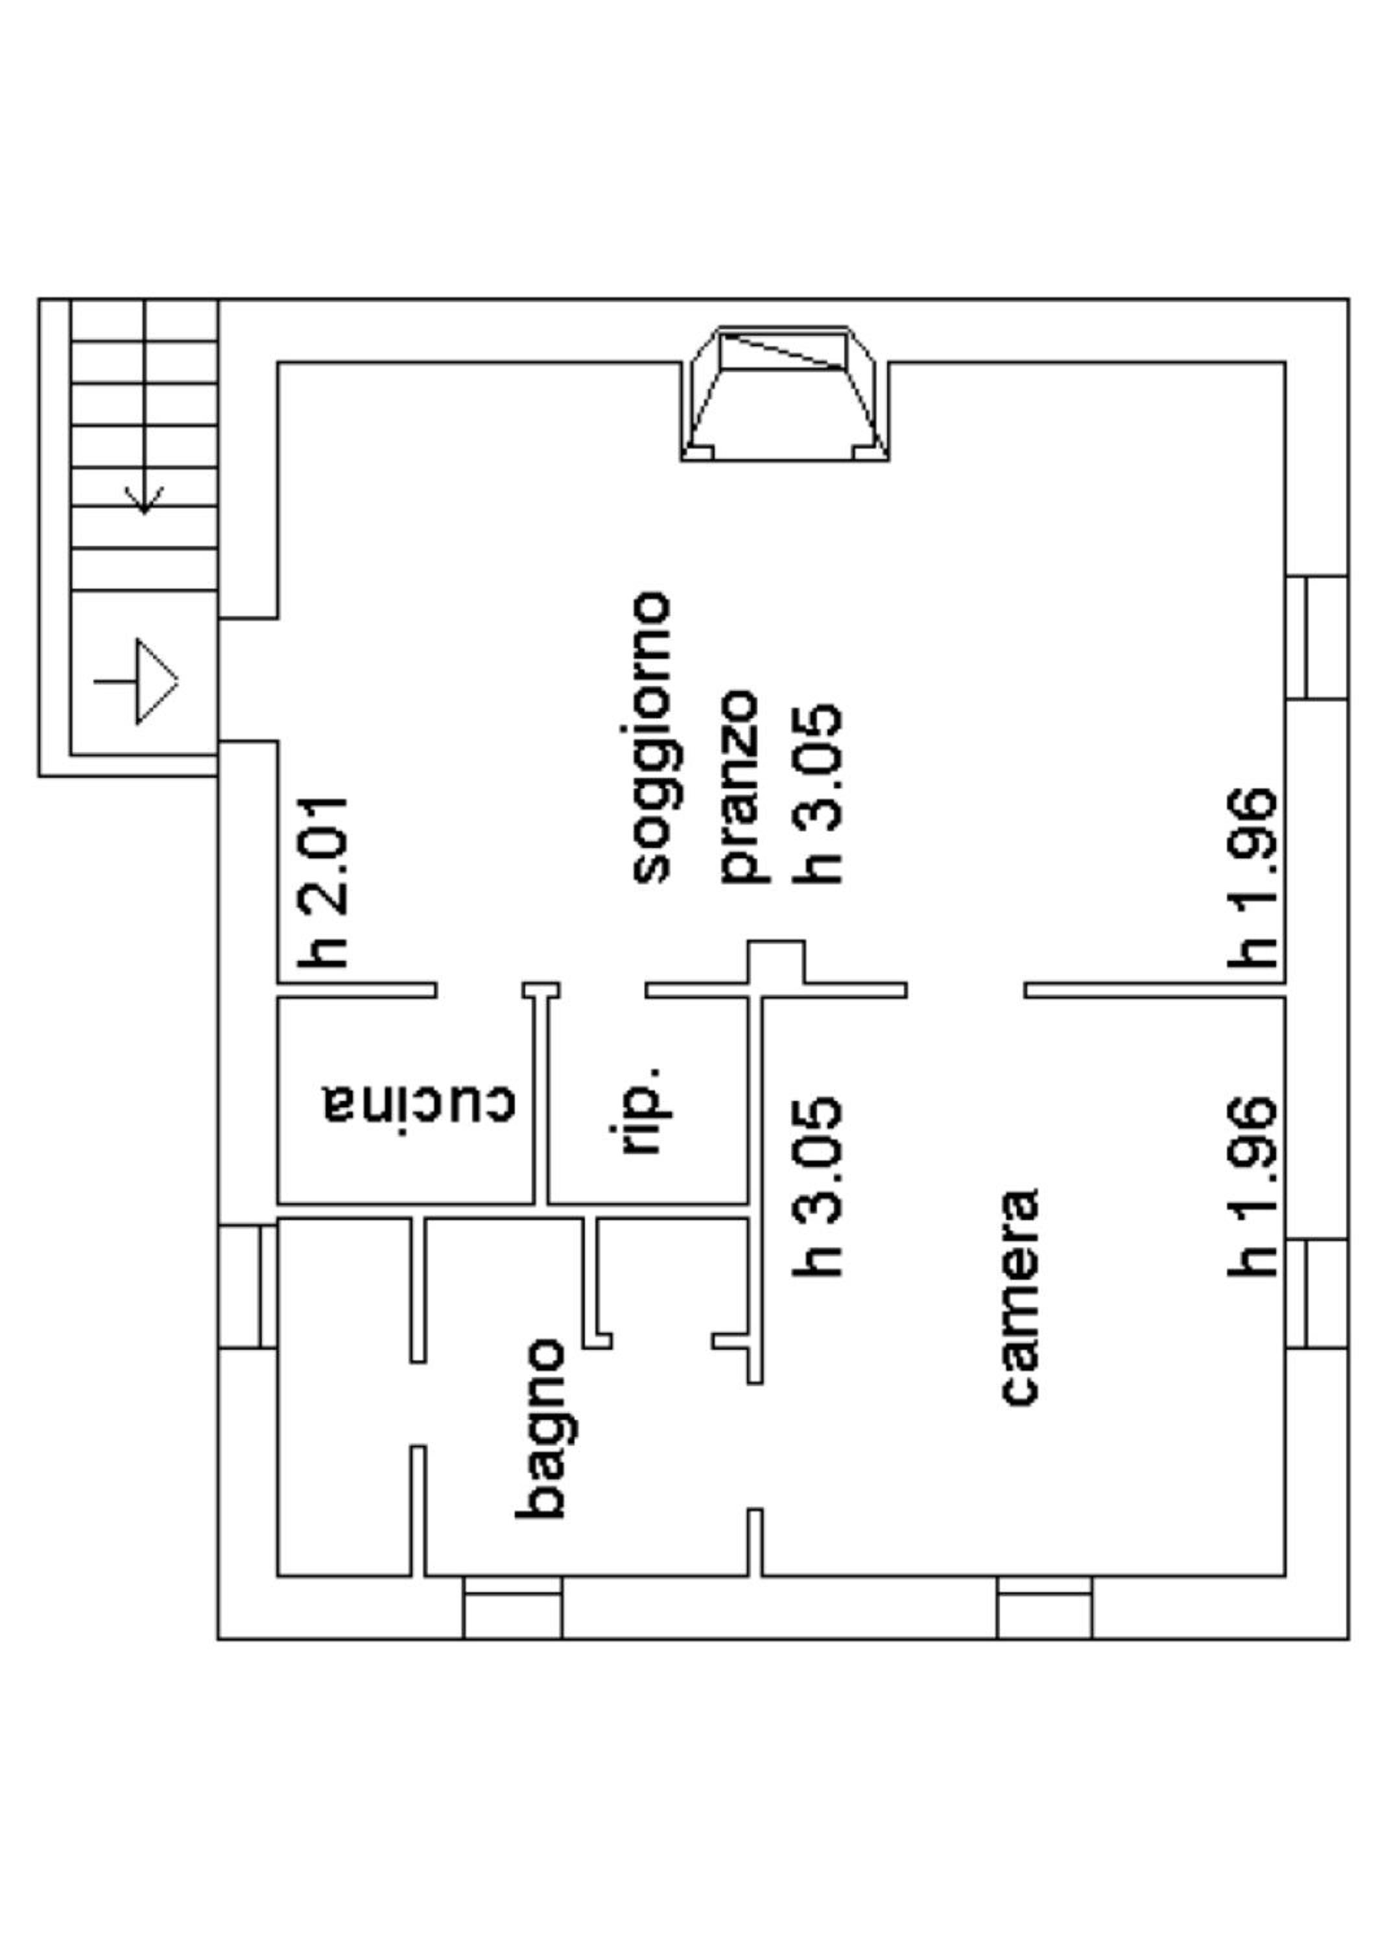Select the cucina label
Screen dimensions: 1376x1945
pyautogui.click(x=418, y=1102)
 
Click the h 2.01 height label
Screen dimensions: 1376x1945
pyautogui.click(x=323, y=882)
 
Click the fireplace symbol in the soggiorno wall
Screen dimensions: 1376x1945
pyautogui.click(x=785, y=393)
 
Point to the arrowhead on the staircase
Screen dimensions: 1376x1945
pyautogui.click(x=144, y=500)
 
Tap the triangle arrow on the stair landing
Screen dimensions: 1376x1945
pyautogui.click(x=157, y=682)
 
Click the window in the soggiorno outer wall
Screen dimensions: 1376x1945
pyautogui.click(x=1318, y=637)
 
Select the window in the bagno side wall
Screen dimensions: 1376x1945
pyautogui.click(x=248, y=1286)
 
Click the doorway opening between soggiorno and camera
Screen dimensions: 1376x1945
pyautogui.click(x=966, y=989)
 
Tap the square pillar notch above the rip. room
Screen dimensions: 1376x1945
pyautogui.click(x=776, y=961)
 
